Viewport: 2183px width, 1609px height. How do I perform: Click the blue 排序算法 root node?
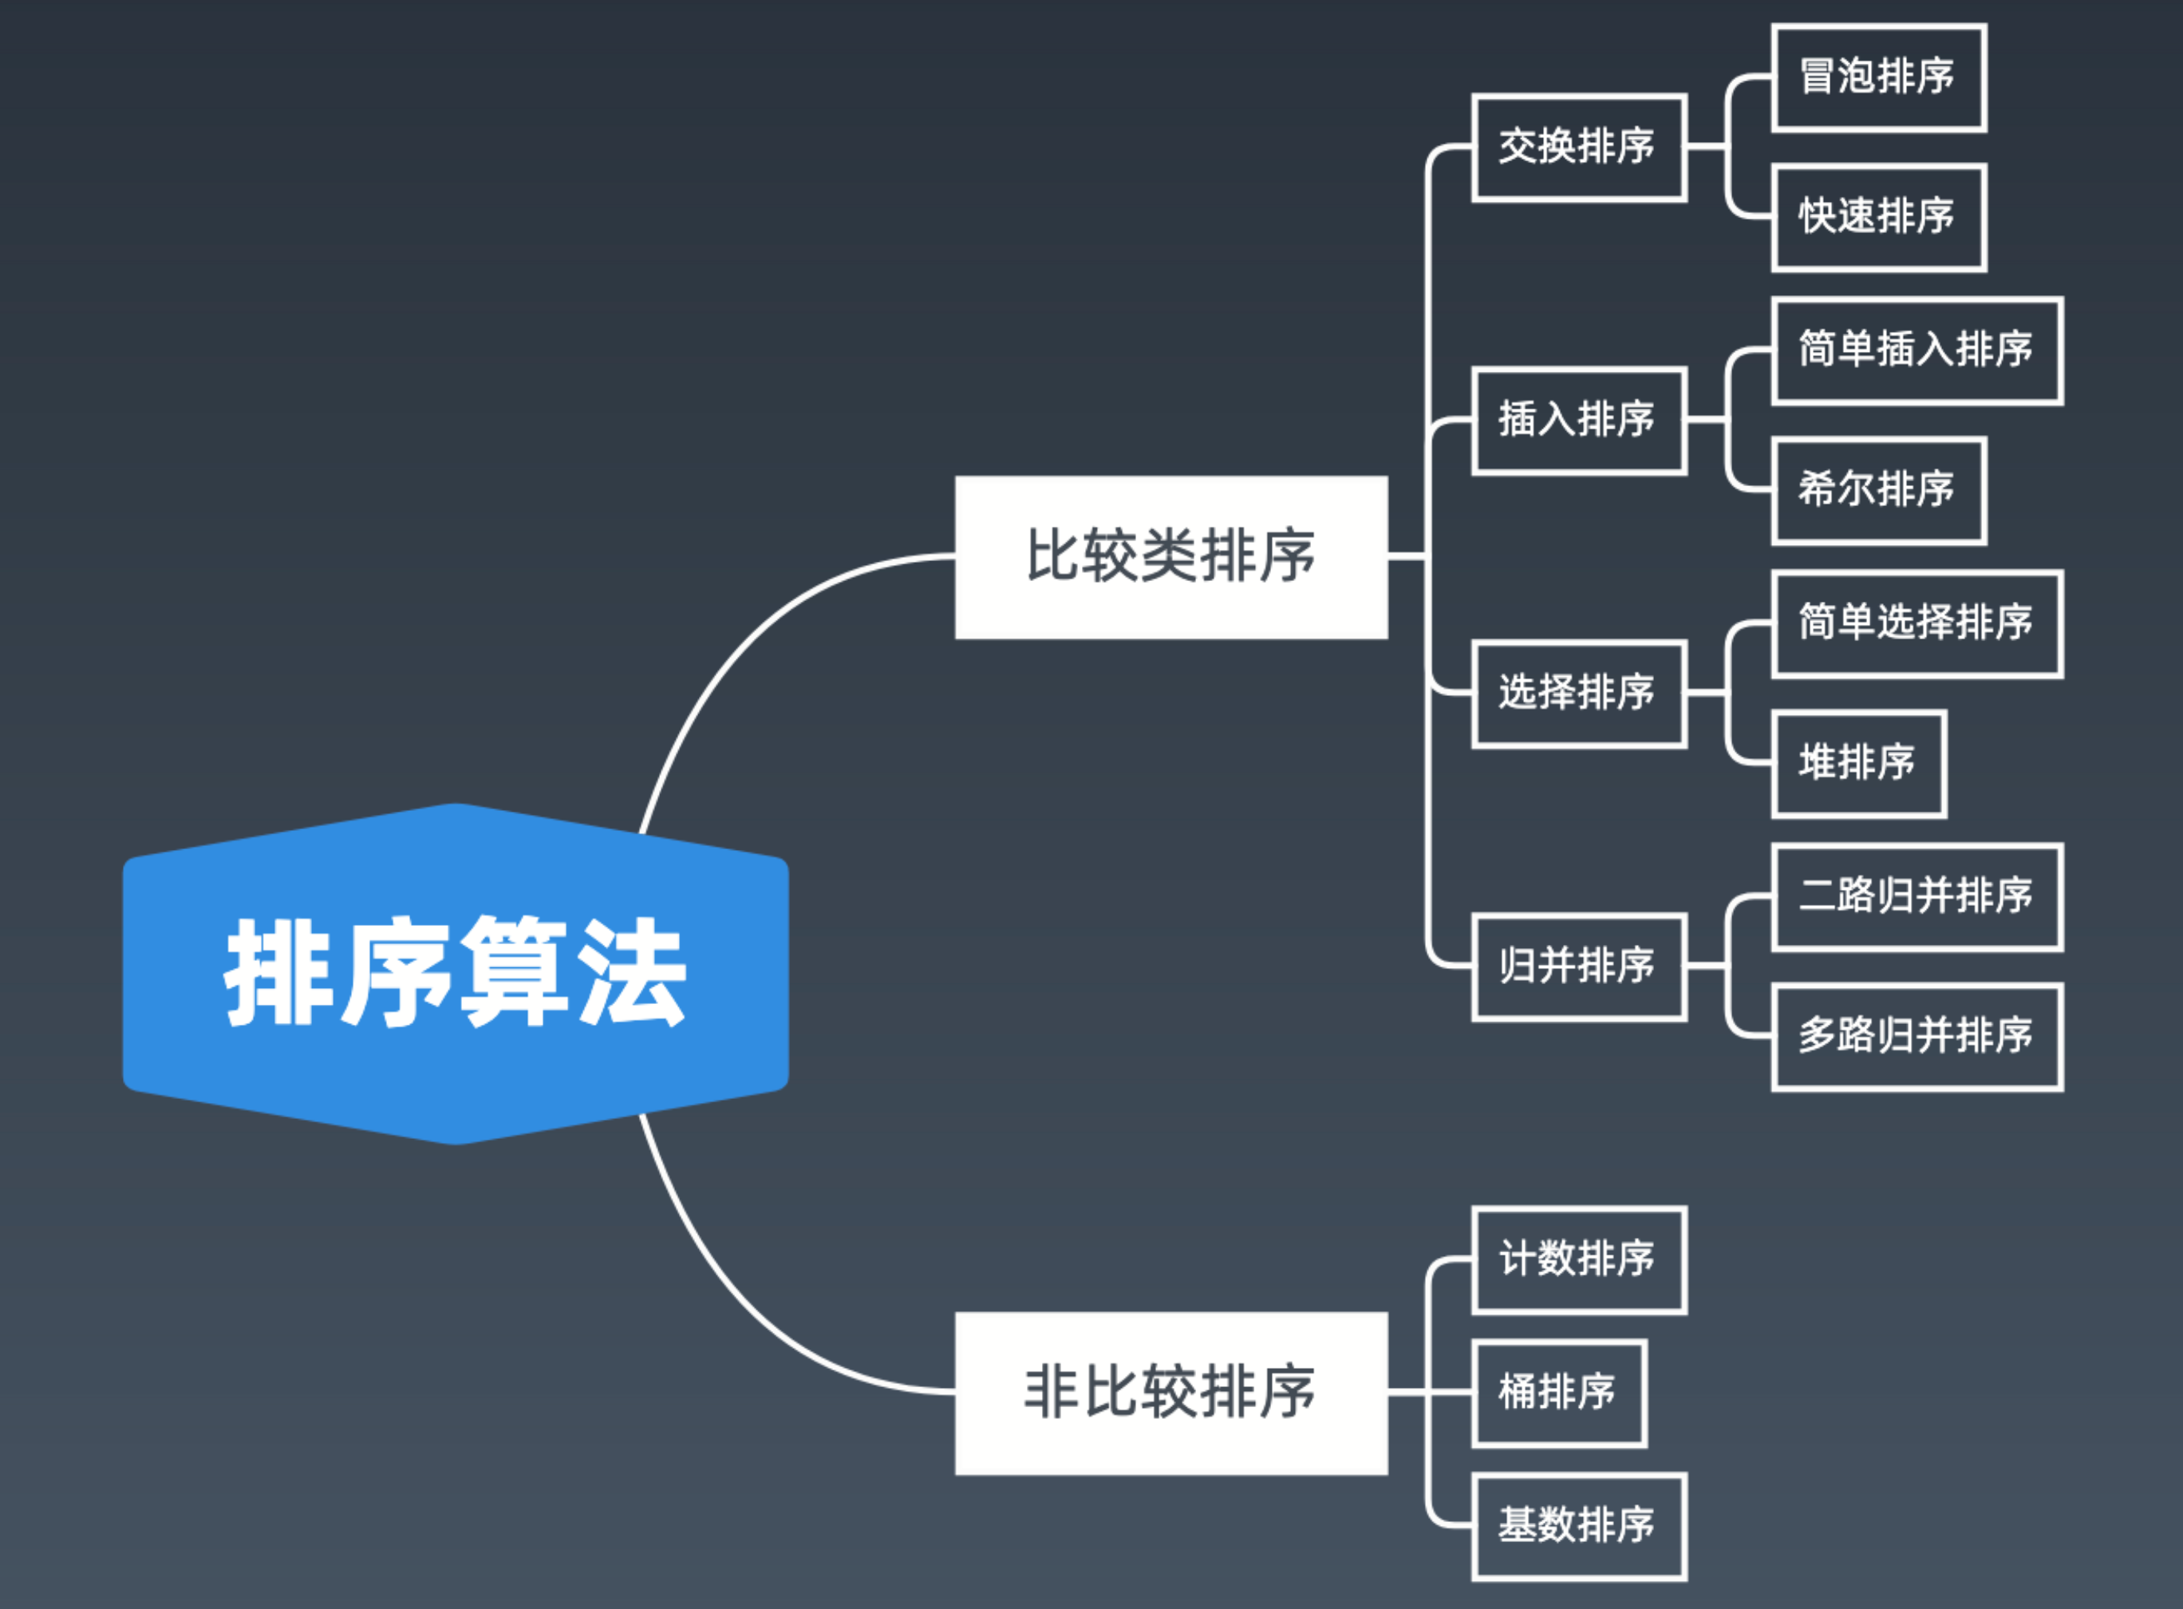pos(456,973)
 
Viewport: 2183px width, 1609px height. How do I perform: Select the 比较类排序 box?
pos(1170,557)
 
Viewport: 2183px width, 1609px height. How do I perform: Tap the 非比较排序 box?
pos(1170,1393)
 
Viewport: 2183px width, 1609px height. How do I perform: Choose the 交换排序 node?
pos(1578,148)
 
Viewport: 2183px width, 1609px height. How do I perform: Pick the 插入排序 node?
pos(1578,421)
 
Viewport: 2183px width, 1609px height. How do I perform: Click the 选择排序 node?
pos(1578,694)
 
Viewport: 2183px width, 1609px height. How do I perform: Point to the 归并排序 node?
pos(1578,967)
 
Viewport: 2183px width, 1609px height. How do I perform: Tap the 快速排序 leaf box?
pos(1878,217)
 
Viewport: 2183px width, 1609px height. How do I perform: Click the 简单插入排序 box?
pos(1917,350)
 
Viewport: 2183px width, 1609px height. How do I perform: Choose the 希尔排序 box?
pos(1878,491)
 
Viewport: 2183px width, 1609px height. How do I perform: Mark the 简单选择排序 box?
pos(1917,623)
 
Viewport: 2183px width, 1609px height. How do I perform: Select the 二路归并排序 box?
pos(1917,897)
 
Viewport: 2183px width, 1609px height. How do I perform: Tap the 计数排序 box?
pos(1578,1259)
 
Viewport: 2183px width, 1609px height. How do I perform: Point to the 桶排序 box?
pos(1559,1393)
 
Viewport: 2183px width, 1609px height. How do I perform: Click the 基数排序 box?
pos(1578,1526)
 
